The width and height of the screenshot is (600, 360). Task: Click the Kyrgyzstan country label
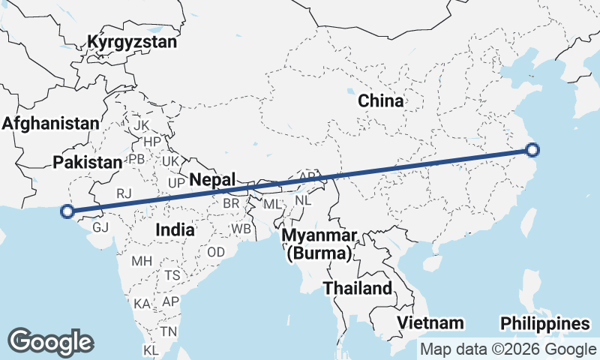coord(132,42)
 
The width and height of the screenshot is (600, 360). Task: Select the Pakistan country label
coord(88,162)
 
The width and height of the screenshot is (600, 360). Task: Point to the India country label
coord(174,229)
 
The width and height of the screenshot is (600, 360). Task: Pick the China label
coord(380,100)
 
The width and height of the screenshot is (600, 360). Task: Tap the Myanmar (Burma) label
coord(319,244)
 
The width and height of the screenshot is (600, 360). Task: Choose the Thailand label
coord(358,288)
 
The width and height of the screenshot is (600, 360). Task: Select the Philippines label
coord(545,324)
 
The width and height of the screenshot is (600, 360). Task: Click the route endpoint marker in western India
coord(67,211)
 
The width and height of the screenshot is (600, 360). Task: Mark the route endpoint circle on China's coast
coord(532,150)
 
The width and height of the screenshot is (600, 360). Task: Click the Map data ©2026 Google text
coord(508,349)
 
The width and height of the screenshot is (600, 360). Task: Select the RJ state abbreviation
coord(124,193)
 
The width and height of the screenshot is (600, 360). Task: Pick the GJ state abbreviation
coord(101,227)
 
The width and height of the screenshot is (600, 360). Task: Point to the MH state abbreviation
coord(141,262)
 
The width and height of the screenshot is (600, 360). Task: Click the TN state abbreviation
coord(169,331)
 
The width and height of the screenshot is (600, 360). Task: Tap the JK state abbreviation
coord(142,125)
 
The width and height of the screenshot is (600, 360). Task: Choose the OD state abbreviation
coord(216,253)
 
